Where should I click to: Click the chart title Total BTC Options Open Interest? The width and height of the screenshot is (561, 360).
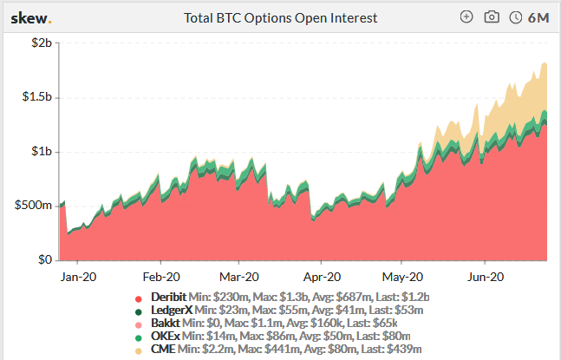(x=280, y=17)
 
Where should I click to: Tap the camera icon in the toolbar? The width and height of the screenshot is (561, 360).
(x=492, y=17)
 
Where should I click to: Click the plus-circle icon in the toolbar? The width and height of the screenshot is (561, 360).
(x=466, y=17)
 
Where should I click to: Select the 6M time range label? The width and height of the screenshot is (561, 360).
(x=538, y=17)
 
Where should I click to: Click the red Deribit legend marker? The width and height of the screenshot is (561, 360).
(x=138, y=298)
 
